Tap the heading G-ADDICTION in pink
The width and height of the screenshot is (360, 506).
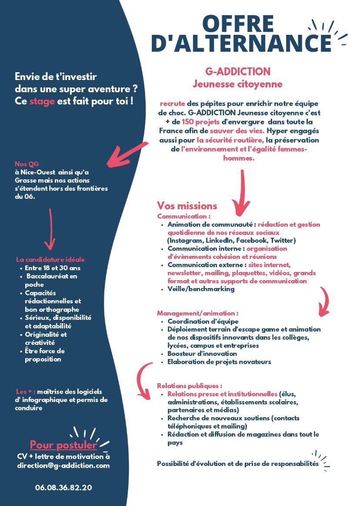(238, 71)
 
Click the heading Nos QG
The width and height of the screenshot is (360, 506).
(27, 164)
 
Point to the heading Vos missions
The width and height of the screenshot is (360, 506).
(187, 206)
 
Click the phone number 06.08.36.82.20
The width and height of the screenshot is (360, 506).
(63, 487)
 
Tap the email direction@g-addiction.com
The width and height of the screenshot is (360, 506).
(63, 465)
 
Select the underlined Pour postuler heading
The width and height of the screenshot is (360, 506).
(63, 445)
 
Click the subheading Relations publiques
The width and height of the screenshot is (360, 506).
(190, 386)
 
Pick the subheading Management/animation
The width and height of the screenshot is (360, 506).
(198, 313)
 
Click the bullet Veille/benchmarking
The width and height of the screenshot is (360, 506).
(201, 289)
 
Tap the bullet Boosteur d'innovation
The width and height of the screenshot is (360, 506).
(202, 354)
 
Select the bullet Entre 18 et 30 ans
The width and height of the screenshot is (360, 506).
(53, 268)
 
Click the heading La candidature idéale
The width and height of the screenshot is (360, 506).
(50, 260)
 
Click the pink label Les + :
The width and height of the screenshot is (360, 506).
(25, 392)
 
